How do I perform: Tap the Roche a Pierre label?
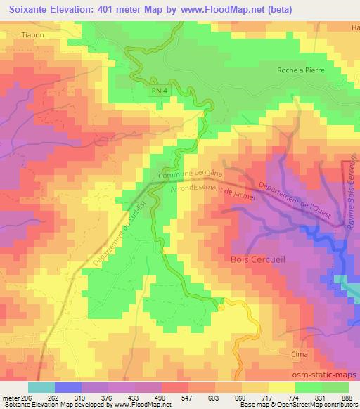point(302,69)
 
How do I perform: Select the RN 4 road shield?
point(158,91)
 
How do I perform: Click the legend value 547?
point(188,398)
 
